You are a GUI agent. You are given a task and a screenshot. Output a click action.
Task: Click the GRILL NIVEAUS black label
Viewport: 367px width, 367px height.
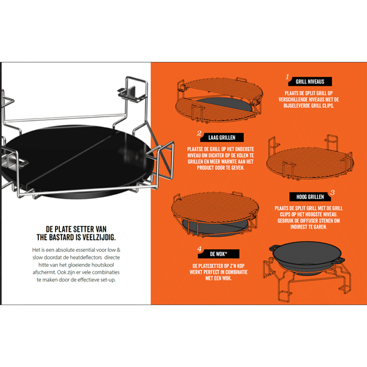pos(310,82)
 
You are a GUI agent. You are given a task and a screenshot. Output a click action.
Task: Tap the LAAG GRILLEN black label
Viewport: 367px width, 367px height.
pos(222,137)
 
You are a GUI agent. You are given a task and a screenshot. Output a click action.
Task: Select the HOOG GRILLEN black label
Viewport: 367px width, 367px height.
pos(310,197)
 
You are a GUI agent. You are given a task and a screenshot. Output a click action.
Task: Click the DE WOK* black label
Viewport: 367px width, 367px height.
pos(219,254)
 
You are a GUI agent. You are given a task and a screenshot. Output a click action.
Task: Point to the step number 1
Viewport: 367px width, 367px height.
pos(287,77)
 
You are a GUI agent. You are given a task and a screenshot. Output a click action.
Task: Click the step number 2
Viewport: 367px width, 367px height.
pos(199,133)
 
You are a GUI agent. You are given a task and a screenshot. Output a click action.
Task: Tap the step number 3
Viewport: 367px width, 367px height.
pos(332,193)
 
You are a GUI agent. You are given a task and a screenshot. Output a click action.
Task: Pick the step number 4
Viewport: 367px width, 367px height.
pos(199,249)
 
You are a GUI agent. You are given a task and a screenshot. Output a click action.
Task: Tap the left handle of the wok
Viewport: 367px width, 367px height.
pos(273,248)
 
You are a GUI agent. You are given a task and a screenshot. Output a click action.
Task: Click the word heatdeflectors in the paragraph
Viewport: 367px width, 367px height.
pos(86,257)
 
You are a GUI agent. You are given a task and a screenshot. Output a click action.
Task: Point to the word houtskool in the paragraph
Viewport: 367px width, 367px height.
pos(102,265)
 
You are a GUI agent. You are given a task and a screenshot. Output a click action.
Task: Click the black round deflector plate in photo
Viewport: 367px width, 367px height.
pos(77,159)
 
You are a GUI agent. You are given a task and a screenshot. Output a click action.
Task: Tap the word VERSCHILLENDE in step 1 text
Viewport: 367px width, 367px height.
pos(294,100)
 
